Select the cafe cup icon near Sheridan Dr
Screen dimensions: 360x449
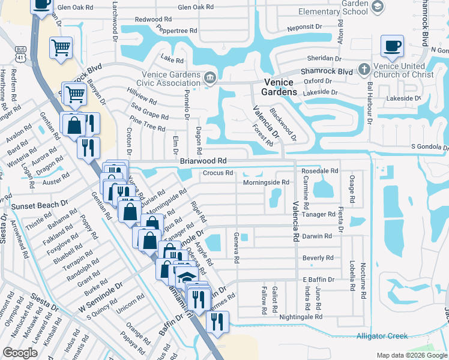(392, 46)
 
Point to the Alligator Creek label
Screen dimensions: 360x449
(382, 336)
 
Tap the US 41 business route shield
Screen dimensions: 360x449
(21, 54)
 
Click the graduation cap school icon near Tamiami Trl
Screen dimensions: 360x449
(187, 276)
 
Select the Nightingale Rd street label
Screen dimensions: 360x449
(301, 316)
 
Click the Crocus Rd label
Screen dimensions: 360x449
(217, 173)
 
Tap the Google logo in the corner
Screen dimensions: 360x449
(20, 352)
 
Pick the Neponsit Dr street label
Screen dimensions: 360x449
(310, 28)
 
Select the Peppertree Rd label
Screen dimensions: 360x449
(176, 29)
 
